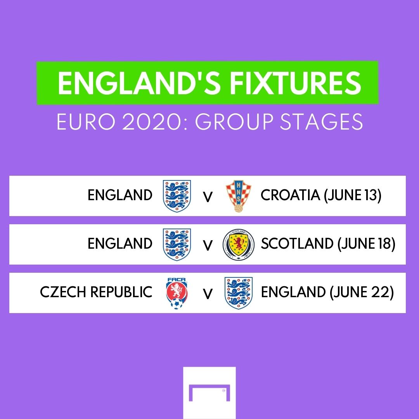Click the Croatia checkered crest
(x=235, y=196)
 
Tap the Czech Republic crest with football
(x=177, y=293)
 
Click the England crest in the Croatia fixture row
(x=177, y=196)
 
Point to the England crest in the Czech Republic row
(x=239, y=293)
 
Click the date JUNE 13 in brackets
(x=353, y=195)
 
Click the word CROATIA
(x=291, y=195)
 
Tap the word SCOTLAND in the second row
(x=297, y=244)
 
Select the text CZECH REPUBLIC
(x=96, y=293)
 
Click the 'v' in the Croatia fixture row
(x=208, y=197)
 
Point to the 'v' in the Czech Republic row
(x=208, y=294)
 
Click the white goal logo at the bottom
(x=209, y=392)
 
